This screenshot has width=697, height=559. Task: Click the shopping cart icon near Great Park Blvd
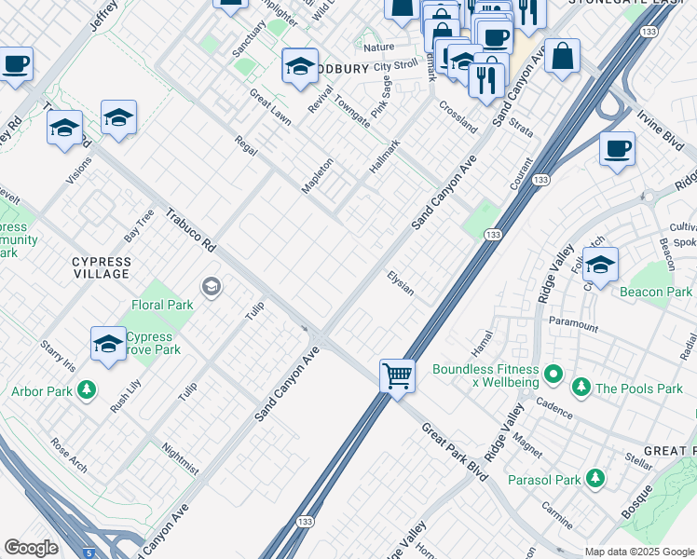(x=398, y=376)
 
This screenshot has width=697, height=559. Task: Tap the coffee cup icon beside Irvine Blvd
(x=616, y=149)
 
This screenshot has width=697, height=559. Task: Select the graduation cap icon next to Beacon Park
(x=600, y=265)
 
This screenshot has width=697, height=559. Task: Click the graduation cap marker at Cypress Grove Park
(x=108, y=344)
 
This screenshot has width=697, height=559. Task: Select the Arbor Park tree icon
(x=87, y=389)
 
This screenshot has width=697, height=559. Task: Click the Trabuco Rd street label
(x=190, y=230)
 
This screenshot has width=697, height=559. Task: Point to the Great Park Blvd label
(x=455, y=451)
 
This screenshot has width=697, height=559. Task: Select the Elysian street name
(x=401, y=283)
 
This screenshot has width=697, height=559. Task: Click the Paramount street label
(x=573, y=325)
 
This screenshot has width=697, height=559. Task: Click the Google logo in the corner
(x=31, y=548)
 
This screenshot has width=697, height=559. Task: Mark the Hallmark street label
(x=383, y=155)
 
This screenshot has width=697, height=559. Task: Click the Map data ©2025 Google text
(x=638, y=552)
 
